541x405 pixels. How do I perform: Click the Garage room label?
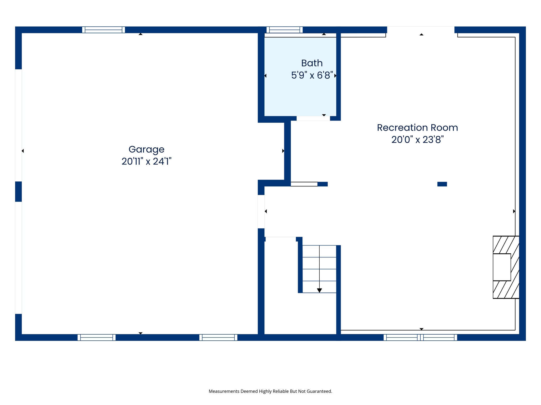point(146,150)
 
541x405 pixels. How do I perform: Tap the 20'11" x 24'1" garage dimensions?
point(146,161)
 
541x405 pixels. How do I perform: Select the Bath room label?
point(312,63)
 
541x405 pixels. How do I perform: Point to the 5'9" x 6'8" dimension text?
point(312,75)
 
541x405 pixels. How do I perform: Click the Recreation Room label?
point(417,128)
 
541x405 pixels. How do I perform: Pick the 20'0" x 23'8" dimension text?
point(417,140)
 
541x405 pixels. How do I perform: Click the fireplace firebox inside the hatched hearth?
point(501,267)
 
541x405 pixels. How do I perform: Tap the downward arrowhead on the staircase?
point(319,290)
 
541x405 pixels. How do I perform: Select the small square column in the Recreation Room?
point(442,184)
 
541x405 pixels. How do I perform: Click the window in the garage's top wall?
point(103,30)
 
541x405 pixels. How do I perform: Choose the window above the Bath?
point(284,30)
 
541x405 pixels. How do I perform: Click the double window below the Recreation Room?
point(420,337)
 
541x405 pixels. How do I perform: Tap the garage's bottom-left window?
point(96,337)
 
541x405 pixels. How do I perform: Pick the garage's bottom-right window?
point(218,337)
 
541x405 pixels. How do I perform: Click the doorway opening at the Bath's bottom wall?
point(313,118)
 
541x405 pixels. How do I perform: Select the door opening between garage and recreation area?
point(261,211)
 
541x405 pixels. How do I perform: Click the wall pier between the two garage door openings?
point(18,191)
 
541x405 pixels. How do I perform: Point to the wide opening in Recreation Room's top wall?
point(421,30)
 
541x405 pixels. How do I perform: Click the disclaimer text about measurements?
point(270,391)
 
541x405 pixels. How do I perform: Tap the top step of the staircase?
point(319,251)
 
